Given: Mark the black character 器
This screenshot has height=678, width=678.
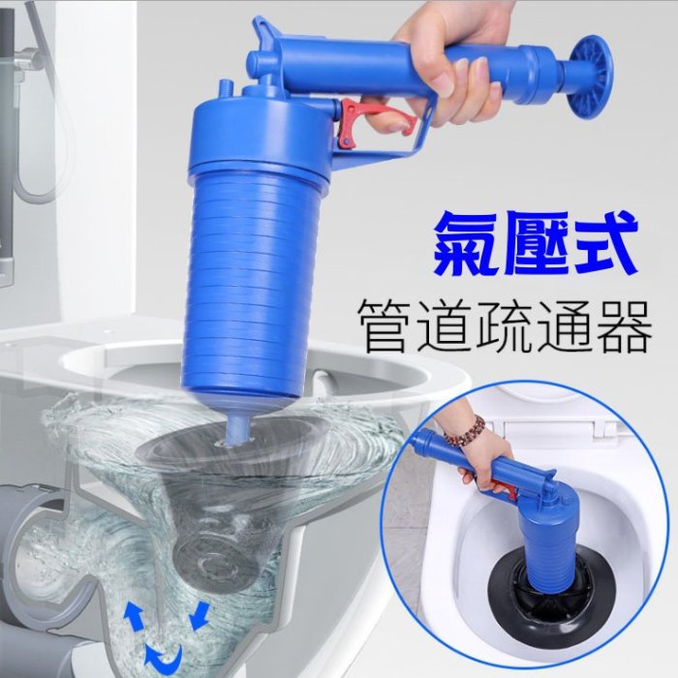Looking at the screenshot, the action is click(623, 326).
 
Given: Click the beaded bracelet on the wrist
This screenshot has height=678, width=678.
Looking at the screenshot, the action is click(462, 431).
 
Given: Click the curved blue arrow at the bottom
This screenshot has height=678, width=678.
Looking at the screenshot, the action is click(166, 666).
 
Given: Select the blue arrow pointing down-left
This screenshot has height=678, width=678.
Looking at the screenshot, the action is click(200, 616).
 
